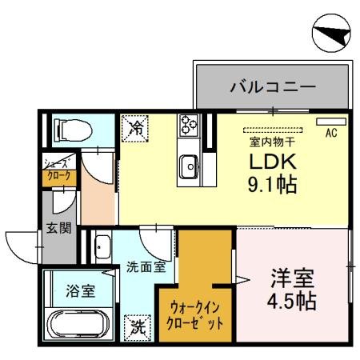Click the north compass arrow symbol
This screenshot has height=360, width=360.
pyautogui.click(x=331, y=33)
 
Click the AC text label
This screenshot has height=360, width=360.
pyautogui.click(x=330, y=134)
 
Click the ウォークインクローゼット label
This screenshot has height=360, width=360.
pyautogui.click(x=196, y=314)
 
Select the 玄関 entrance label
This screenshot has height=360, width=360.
pyautogui.click(x=58, y=227)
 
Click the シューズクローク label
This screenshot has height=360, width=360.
pyautogui.click(x=57, y=170)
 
